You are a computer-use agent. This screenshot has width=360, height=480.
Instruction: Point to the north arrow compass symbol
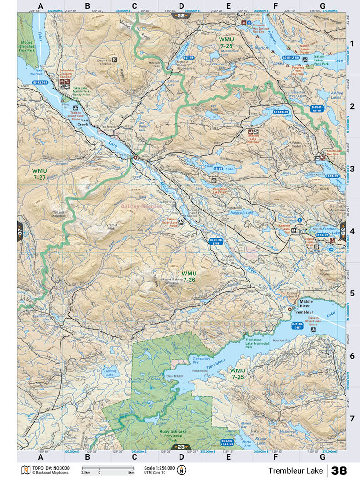[x=183, y=470]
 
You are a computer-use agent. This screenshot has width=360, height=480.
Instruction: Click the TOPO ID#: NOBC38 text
[x=51, y=468]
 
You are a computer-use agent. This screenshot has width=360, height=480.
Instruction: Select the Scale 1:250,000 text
[x=159, y=468]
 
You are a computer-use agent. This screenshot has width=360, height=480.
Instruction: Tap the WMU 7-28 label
[x=226, y=43]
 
